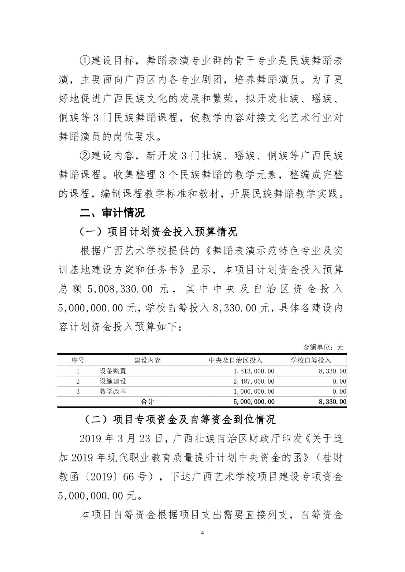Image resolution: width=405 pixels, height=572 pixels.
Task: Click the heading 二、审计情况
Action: [x=112, y=213]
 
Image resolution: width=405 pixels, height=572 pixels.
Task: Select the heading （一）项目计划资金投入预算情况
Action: [x=158, y=232]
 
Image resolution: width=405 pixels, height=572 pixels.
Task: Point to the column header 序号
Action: [x=78, y=360]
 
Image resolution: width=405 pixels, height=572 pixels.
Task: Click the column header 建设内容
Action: [x=148, y=360]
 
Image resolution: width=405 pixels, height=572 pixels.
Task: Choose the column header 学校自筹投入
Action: [x=311, y=360]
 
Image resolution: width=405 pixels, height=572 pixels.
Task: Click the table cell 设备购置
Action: [x=113, y=371]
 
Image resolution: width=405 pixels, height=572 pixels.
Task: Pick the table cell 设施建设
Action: [x=113, y=381]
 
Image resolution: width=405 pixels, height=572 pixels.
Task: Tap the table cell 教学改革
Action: [x=113, y=391]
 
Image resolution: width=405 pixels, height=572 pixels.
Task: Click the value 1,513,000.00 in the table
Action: [x=254, y=371]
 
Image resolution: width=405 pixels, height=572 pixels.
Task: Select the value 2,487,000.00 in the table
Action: [x=254, y=381]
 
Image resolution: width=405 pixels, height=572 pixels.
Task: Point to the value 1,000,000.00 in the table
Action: [x=254, y=391]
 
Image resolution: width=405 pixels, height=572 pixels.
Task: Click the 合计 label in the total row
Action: [x=147, y=401]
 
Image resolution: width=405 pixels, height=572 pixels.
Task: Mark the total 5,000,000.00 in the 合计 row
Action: [x=254, y=401]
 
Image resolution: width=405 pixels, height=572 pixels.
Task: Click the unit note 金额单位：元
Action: [x=323, y=347]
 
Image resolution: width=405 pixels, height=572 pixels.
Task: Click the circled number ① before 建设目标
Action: [x=84, y=60]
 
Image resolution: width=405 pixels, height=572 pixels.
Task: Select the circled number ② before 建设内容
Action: [x=84, y=156]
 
